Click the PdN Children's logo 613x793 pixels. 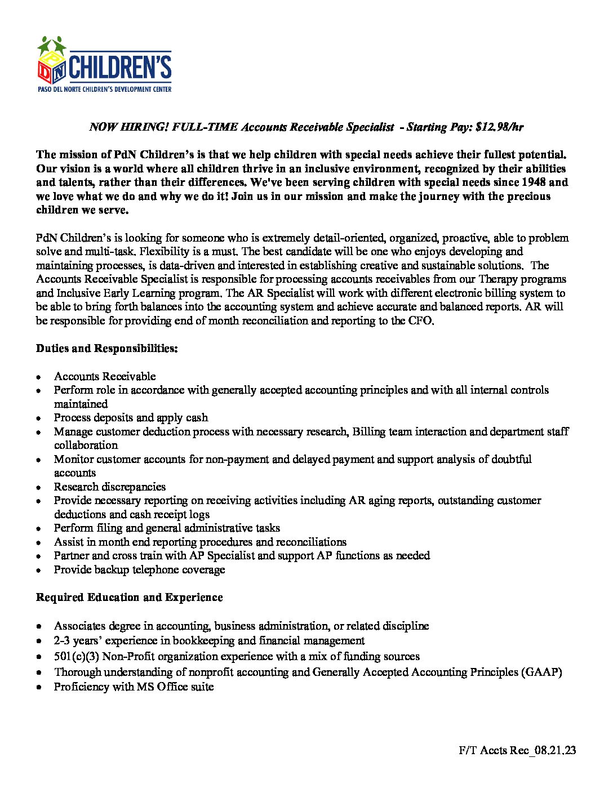pos(104,64)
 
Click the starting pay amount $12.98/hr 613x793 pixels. pos(499,127)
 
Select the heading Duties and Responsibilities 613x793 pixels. pos(107,349)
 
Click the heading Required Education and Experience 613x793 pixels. pos(130,598)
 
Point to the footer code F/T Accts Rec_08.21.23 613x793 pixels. pos(517,750)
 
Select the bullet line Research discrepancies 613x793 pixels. pos(110,487)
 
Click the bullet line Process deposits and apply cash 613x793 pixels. pos(131,418)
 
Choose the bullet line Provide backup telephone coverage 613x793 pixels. pos(139,570)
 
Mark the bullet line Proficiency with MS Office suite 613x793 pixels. pos(134,687)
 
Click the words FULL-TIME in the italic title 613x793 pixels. pos(205,127)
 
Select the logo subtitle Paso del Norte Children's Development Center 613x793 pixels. pos(104,90)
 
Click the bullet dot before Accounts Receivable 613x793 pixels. pos(39,377)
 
